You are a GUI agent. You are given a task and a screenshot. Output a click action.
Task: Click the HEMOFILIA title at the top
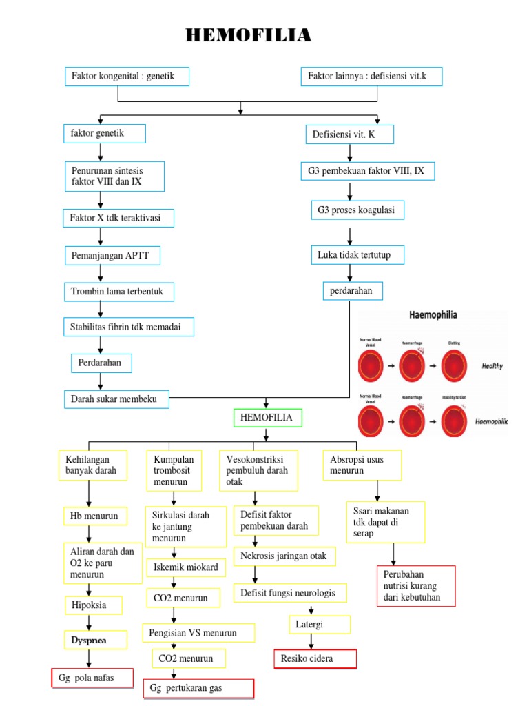pos(249,35)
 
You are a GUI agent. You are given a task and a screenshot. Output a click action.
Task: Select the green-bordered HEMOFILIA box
pos(267,418)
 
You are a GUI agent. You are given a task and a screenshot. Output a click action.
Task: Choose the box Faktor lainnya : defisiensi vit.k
pos(371,77)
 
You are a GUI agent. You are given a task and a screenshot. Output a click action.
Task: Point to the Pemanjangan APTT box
pos(112,256)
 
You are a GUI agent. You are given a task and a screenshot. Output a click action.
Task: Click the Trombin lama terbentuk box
pos(118,292)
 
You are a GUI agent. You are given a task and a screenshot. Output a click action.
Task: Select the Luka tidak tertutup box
pos(356,255)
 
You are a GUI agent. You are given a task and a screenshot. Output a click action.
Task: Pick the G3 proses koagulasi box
pos(357,210)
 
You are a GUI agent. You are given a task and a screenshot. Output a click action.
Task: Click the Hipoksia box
pos(94,605)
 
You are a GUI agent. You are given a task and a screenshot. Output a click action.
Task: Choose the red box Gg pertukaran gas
pos(198,688)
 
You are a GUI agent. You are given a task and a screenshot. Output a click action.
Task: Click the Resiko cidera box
pos(315,659)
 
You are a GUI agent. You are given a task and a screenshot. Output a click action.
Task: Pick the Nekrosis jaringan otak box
pos(284,556)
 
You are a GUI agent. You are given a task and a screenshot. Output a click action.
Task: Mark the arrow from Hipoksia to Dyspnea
pos(87,623)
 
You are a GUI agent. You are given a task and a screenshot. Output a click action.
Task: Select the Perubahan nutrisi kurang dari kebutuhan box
pos(416,586)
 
